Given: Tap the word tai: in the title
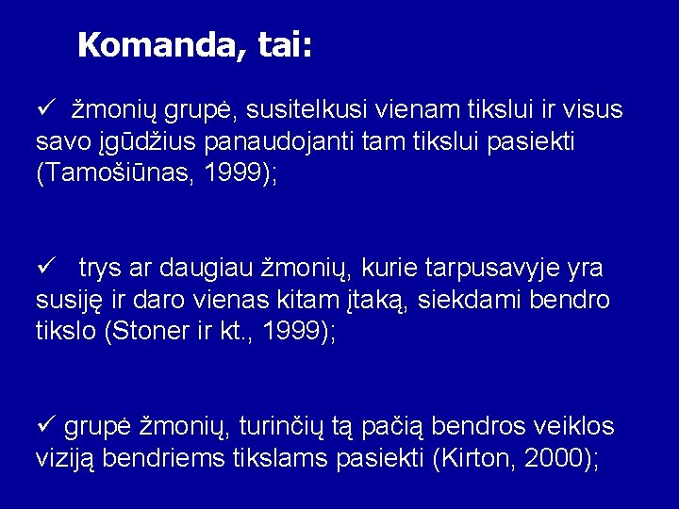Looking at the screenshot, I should click(x=280, y=44).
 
